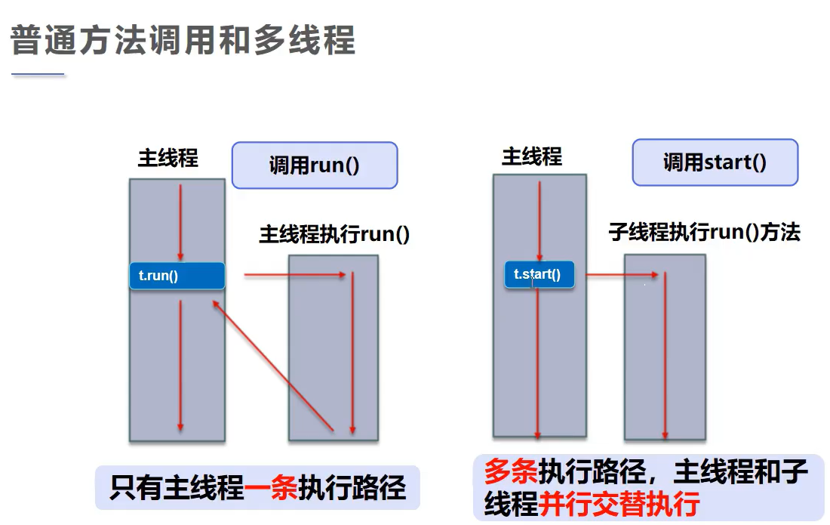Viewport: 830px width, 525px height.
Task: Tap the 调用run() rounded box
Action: coord(314,165)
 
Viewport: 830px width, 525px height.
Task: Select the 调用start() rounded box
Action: coord(715,162)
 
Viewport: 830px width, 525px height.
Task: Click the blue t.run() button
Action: coord(177,276)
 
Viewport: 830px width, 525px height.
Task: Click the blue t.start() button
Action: coord(539,275)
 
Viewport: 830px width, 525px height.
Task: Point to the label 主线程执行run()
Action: coord(334,233)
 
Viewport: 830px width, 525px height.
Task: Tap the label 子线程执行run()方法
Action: coord(704,232)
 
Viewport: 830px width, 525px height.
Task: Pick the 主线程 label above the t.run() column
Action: coord(168,158)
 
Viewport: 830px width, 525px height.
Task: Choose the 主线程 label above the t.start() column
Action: coord(532,156)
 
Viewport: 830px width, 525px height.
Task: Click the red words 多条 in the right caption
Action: coord(511,474)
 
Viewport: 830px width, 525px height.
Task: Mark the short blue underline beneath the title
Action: coord(38,75)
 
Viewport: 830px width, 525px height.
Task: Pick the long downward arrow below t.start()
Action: coord(537,363)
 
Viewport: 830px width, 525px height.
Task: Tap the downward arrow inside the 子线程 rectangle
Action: coord(665,355)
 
